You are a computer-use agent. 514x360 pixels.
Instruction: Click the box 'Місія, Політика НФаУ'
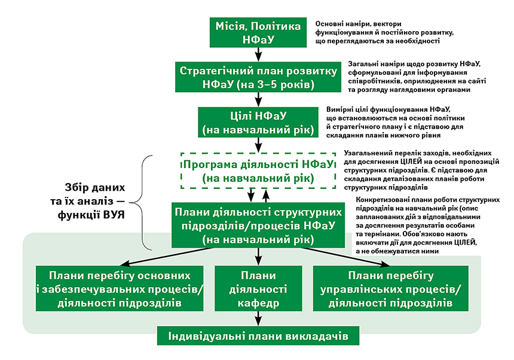tap(258, 32)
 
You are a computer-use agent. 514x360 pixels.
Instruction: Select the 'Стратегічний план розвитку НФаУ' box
tap(258, 77)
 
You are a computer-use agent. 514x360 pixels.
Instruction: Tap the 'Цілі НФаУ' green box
tap(258, 123)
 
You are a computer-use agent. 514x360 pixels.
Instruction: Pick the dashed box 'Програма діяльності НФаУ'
tap(258, 170)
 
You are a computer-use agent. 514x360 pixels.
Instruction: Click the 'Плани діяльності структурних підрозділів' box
tap(258, 225)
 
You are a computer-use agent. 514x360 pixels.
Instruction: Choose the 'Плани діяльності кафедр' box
tap(258, 288)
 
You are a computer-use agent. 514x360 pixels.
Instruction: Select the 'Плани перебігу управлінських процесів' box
tap(391, 288)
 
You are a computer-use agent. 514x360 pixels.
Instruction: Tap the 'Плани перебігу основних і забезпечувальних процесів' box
tap(120, 288)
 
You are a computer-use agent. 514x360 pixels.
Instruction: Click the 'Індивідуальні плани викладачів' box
tap(258, 335)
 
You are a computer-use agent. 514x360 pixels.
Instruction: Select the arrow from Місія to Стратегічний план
tap(259, 54)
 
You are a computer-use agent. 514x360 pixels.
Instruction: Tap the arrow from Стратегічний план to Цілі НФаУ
tap(259, 99)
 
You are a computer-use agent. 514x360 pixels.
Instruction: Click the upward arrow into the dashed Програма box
tap(266, 196)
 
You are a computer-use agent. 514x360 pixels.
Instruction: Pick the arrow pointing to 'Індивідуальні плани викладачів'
tap(258, 318)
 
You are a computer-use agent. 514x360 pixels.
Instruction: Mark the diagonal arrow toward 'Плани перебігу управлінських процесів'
tap(347, 257)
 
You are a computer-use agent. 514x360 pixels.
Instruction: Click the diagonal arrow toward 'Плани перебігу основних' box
tap(167, 257)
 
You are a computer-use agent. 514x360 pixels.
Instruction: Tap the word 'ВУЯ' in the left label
tap(114, 215)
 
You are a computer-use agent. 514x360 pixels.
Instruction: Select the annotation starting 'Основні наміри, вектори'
tap(384, 32)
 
